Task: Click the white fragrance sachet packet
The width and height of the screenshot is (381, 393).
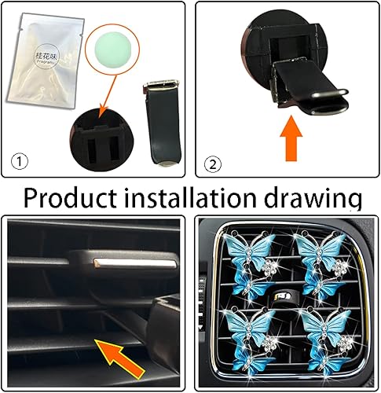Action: (x=48, y=64)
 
